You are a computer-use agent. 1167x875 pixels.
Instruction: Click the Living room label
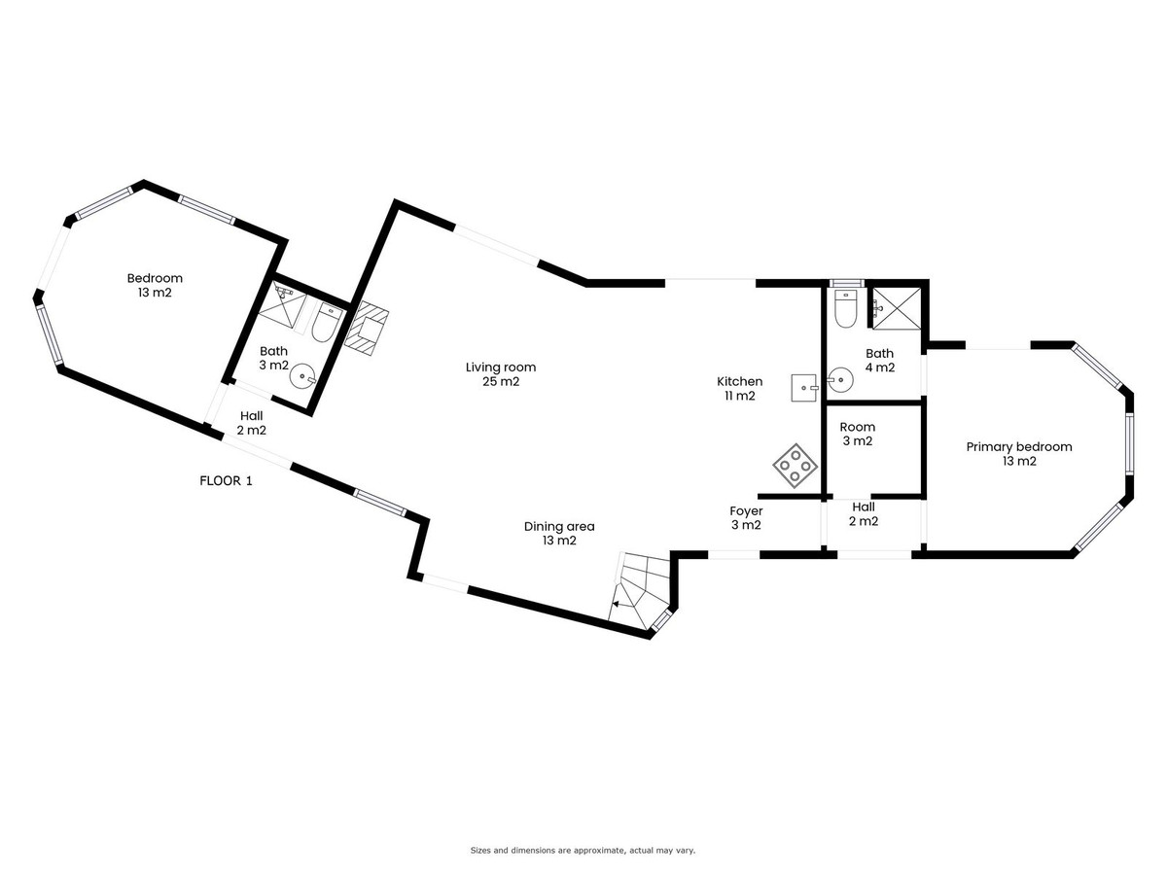click(500, 374)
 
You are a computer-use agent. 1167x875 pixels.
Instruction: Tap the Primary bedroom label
click(1018, 454)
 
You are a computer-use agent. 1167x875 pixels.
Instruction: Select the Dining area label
click(559, 534)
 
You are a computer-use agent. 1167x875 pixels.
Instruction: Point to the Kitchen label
click(739, 388)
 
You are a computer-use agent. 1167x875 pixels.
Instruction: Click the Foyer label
click(746, 518)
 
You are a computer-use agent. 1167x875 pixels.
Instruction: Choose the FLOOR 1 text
click(226, 481)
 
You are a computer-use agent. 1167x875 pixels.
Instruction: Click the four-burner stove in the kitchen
click(795, 466)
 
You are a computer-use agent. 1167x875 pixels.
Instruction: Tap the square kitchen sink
click(804, 388)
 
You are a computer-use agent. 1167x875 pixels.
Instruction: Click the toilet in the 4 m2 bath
click(844, 308)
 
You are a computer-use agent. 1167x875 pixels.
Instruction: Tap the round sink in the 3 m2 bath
click(302, 376)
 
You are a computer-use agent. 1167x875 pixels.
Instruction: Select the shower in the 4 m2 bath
click(896, 308)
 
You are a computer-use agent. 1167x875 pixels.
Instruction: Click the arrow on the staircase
click(618, 604)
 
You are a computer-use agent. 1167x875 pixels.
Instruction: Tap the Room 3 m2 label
click(857, 434)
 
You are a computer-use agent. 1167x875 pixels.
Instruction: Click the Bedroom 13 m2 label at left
click(155, 285)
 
